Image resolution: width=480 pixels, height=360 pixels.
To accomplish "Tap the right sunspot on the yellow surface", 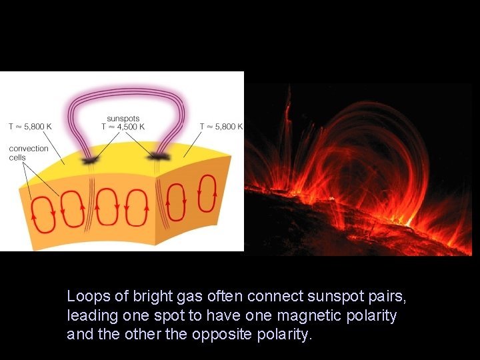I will pos(158,157).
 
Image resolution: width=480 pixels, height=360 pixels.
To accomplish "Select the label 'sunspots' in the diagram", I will pos(123,119).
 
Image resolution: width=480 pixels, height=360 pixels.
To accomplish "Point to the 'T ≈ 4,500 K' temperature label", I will pos(123,127).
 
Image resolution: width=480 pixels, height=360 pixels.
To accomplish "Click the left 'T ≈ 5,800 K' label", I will pos(30,126).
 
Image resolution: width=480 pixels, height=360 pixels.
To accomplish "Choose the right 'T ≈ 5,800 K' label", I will pos(221,126).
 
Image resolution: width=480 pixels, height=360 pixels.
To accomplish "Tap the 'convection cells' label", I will pos(29,153).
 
